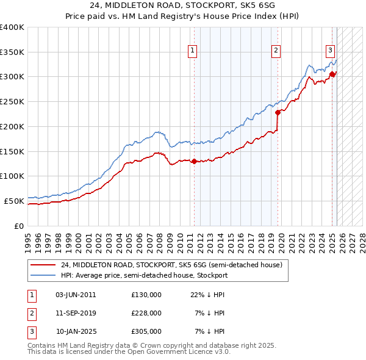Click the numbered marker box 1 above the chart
tap(192, 51)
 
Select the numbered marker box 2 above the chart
tap(276, 51)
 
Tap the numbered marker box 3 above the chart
tap(330, 51)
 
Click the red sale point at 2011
tap(194, 161)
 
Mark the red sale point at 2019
tap(278, 112)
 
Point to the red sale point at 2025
tap(332, 74)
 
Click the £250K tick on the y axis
tap(12, 101)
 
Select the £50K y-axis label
tap(14, 200)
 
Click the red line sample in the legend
tap(43, 265)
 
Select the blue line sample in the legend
tap(43, 275)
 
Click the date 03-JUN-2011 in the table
tap(76, 294)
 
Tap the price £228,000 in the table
tap(146, 313)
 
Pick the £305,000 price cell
tap(146, 332)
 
